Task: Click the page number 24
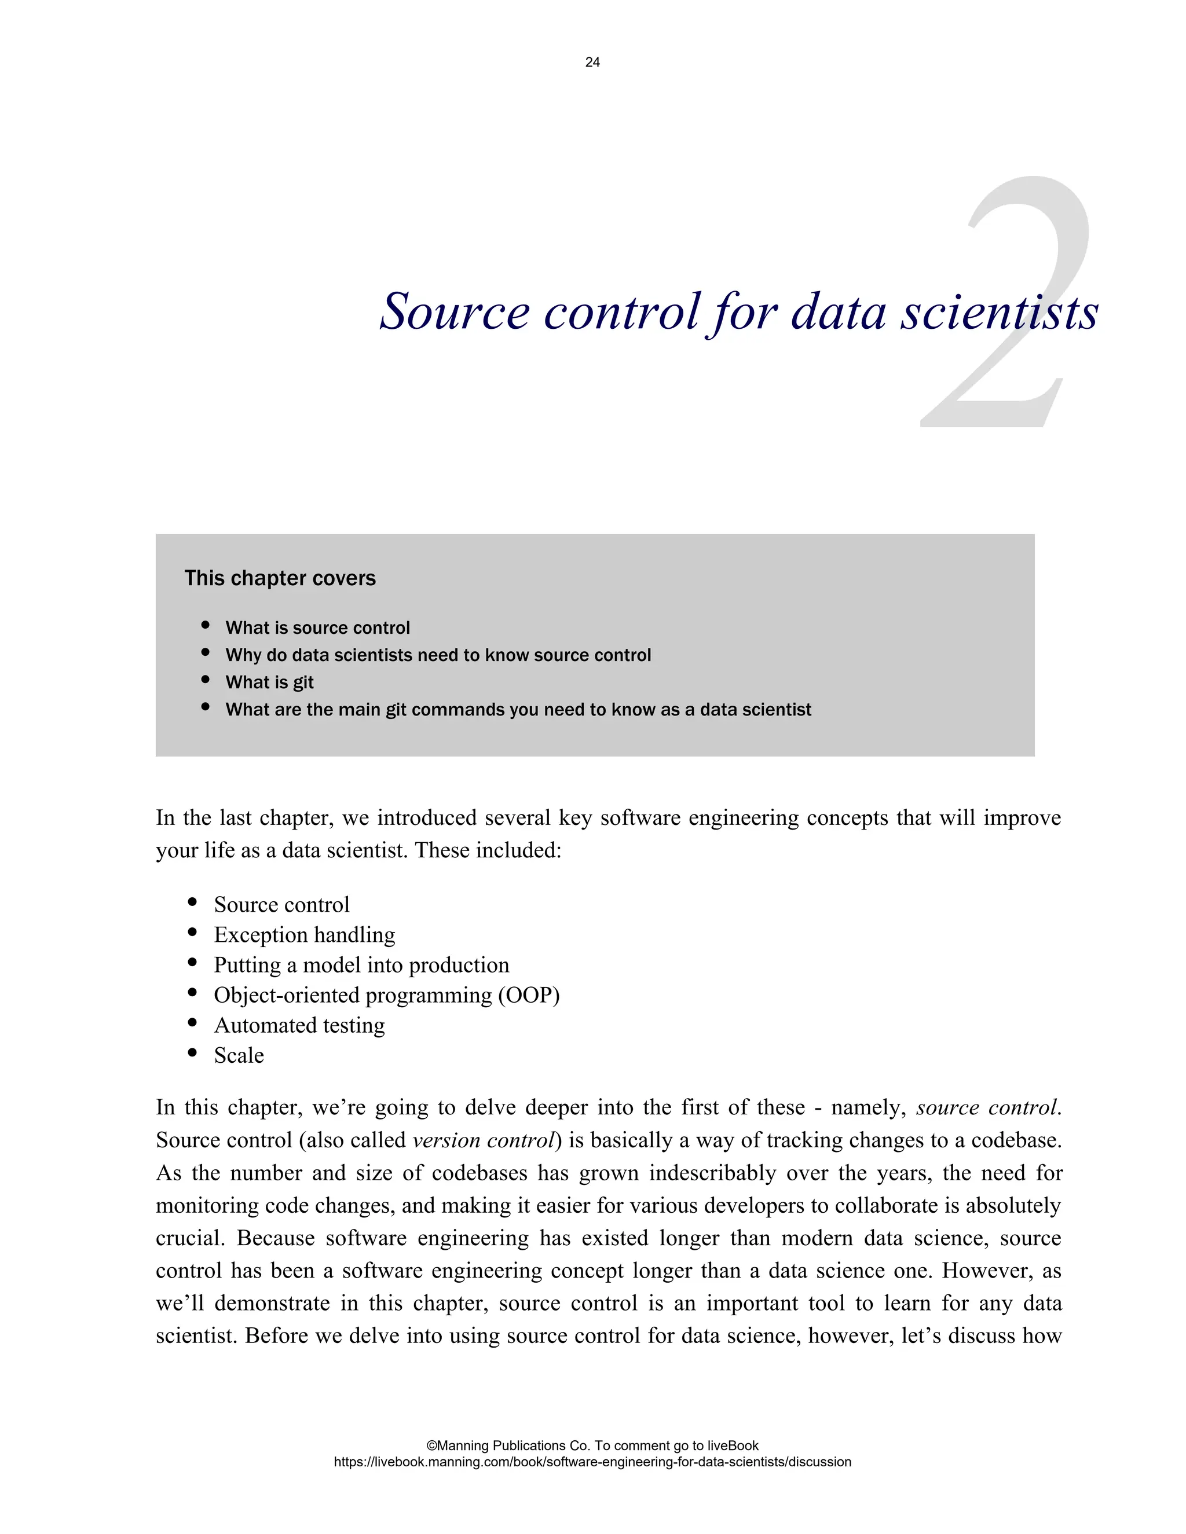click(592, 63)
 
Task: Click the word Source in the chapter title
click(454, 311)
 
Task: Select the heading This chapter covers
click(280, 578)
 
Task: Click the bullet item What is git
click(269, 682)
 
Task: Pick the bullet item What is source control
click(317, 627)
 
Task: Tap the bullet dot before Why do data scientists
click(205, 652)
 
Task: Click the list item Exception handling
click(304, 934)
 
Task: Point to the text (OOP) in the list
click(528, 994)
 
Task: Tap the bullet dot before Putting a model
click(192, 962)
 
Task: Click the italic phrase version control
click(484, 1139)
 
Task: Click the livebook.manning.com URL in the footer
click(592, 1462)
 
